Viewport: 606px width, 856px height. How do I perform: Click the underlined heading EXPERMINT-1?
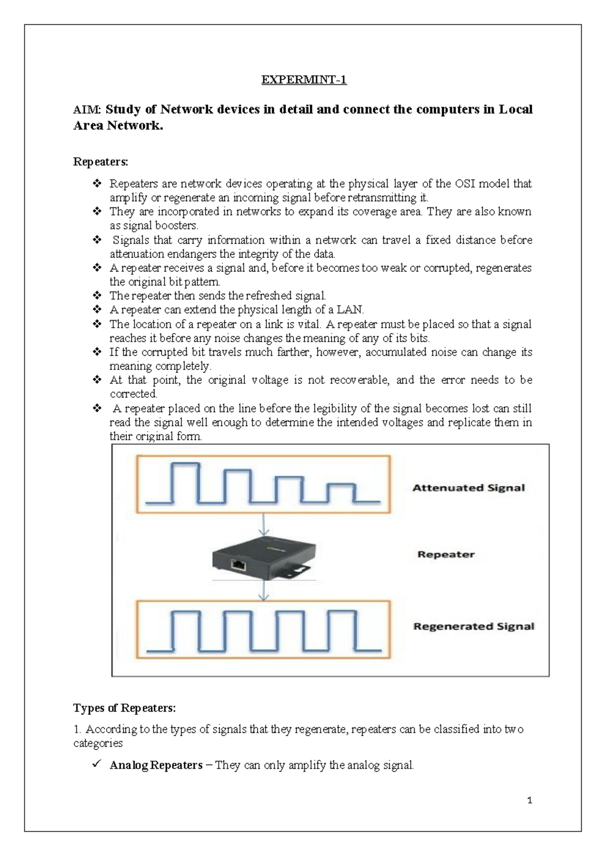coord(304,80)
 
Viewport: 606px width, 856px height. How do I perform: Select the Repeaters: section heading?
coord(100,162)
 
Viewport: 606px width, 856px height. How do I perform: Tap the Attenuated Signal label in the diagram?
coord(469,488)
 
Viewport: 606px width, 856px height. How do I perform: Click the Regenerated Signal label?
coord(473,626)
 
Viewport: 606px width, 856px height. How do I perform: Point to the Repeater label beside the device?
coord(445,554)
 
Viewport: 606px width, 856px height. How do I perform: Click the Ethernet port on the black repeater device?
coord(238,564)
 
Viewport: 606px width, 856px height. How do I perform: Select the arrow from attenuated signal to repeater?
coord(263,525)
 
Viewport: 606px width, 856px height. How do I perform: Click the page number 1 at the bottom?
coord(529,800)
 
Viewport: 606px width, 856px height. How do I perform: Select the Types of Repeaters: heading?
coord(124,708)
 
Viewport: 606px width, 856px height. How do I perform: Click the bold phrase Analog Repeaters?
coord(156,765)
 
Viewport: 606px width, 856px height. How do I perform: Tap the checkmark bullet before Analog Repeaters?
coord(97,765)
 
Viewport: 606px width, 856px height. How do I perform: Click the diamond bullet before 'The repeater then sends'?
coord(97,295)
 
